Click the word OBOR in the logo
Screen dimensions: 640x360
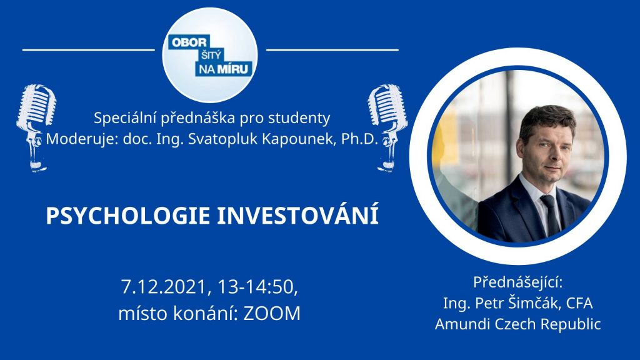click(x=189, y=42)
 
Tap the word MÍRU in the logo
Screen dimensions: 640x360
click(x=232, y=69)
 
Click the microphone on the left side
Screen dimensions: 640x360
click(x=36, y=127)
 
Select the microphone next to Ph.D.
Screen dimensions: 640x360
click(x=387, y=127)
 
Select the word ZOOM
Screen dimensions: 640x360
click(x=272, y=314)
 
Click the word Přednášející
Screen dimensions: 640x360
click(x=517, y=282)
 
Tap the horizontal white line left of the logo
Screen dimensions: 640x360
click(x=89, y=50)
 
